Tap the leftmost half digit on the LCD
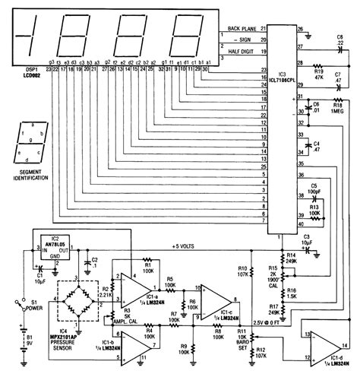26,36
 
